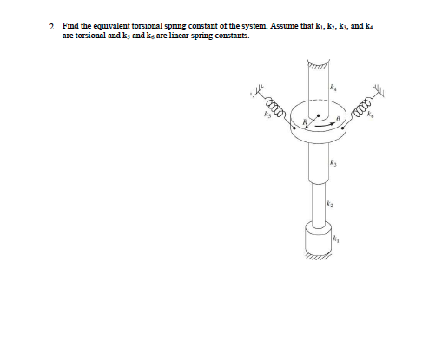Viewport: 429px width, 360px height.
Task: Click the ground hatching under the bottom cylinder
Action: pyautogui.click(x=318, y=258)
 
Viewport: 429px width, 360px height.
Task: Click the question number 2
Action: pyautogui.click(x=52, y=28)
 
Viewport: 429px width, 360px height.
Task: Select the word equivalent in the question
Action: pyautogui.click(x=113, y=28)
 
